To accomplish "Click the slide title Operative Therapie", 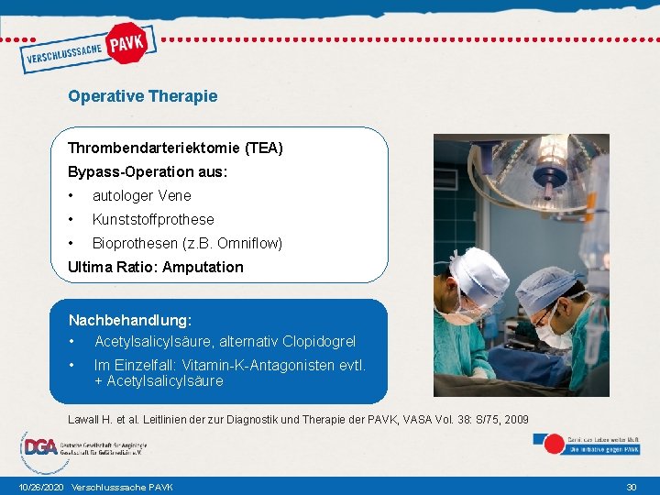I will tap(142, 95).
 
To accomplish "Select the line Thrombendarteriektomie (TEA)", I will tap(175, 148).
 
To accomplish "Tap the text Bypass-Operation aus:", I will tap(148, 171).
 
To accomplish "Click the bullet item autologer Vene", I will tap(141, 195).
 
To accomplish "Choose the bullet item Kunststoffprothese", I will tap(153, 219).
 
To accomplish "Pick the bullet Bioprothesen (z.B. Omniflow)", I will tap(187, 243).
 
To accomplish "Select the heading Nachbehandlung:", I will tap(130, 321).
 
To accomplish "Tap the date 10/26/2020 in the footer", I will tap(40, 487).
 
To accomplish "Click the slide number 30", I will tap(631, 487).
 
